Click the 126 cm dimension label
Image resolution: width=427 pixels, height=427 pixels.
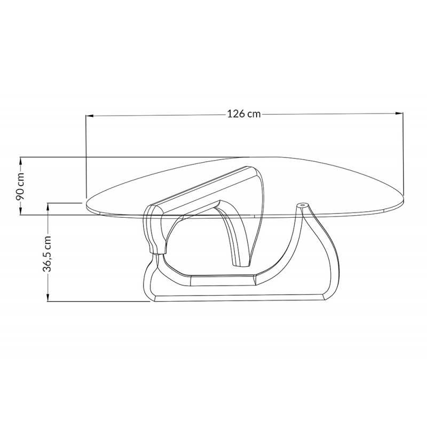(x=244, y=114)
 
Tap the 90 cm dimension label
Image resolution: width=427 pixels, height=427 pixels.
(x=20, y=186)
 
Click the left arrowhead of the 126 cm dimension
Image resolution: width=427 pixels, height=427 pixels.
(x=90, y=116)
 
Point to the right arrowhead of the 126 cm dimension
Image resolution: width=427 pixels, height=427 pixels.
(x=399, y=113)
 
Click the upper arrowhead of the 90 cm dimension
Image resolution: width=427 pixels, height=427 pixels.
(x=20, y=161)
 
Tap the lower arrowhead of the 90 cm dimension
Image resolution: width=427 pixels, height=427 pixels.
(x=20, y=211)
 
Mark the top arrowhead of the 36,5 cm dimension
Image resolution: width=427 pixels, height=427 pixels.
(x=48, y=207)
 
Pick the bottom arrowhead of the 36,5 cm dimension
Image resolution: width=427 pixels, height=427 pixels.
(x=48, y=297)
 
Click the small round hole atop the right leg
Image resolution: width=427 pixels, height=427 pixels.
(x=302, y=204)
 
